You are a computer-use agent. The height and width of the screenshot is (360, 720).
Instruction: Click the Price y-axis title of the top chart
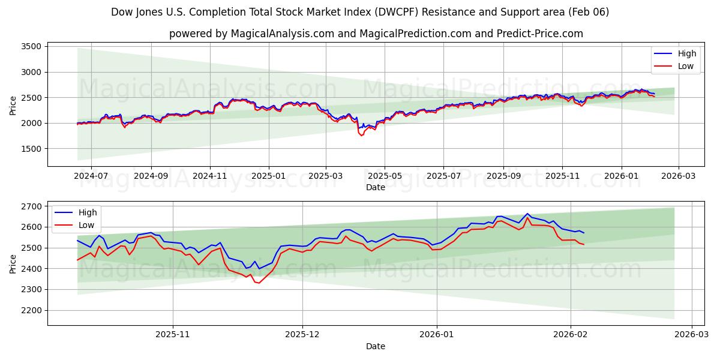click(13, 105)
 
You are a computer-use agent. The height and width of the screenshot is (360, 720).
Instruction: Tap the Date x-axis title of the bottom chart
click(376, 346)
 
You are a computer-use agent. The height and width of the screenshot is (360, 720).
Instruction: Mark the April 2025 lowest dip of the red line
click(361, 136)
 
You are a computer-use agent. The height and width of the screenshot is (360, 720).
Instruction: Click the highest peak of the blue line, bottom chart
click(527, 214)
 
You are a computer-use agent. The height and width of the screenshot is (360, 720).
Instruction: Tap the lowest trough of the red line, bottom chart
click(259, 283)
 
